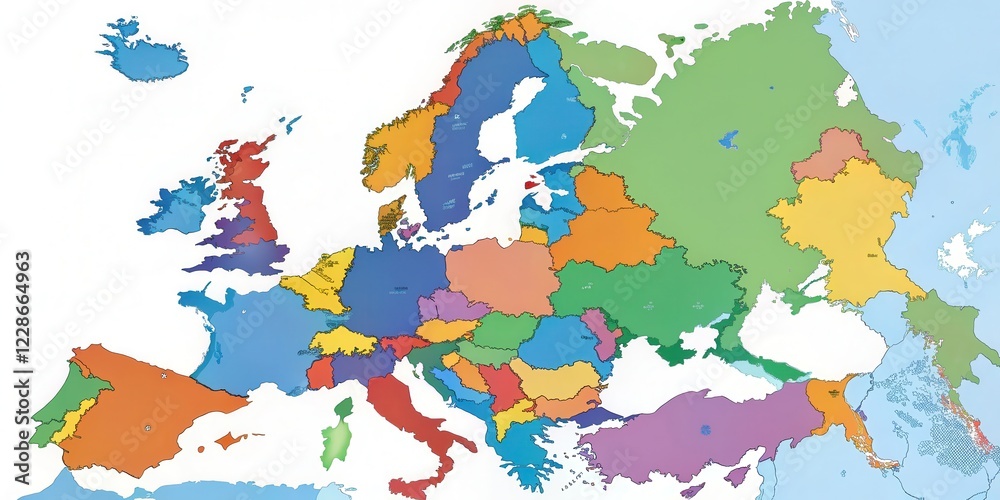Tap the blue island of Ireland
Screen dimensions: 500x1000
pos(178,207)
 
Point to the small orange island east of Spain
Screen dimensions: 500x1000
pos(230,439)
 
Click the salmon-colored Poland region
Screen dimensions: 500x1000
pos(502,274)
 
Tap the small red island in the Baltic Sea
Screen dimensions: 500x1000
pos(531,184)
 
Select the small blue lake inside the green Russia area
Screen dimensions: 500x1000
pos(729,139)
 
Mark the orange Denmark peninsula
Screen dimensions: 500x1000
pos(391,213)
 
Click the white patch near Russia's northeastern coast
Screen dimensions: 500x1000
pos(847,92)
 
